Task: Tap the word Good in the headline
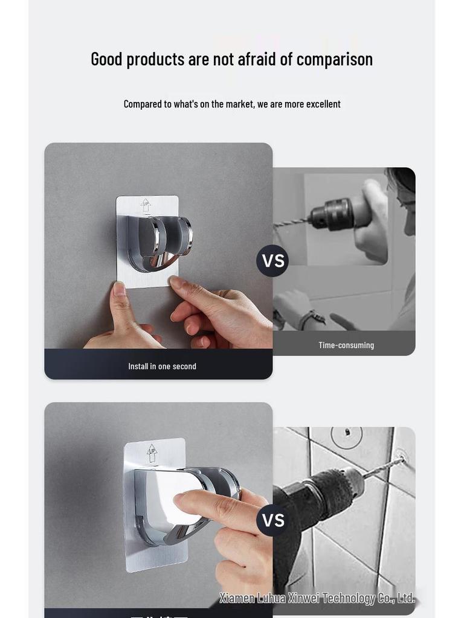[107, 59]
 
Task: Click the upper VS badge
[272, 261]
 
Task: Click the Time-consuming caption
[346, 345]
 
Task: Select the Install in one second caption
[162, 366]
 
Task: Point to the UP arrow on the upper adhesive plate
[146, 205]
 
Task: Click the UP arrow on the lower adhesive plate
[152, 452]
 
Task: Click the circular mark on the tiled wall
[347, 436]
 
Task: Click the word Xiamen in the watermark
[238, 598]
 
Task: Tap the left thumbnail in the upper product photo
[119, 289]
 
